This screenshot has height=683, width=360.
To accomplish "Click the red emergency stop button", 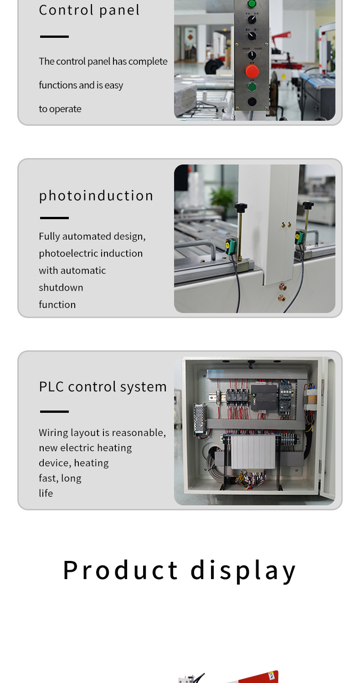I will (252, 72).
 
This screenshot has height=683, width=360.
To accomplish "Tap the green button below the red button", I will (252, 87).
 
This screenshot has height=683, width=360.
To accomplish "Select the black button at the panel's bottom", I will (252, 102).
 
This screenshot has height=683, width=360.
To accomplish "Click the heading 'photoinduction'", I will (96, 195).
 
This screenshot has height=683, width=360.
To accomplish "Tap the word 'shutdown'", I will (61, 288).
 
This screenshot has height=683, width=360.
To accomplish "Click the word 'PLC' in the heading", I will (51, 386).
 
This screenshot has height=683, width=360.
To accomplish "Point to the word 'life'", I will (46, 493).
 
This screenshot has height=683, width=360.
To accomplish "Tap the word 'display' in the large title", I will (243, 570).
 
